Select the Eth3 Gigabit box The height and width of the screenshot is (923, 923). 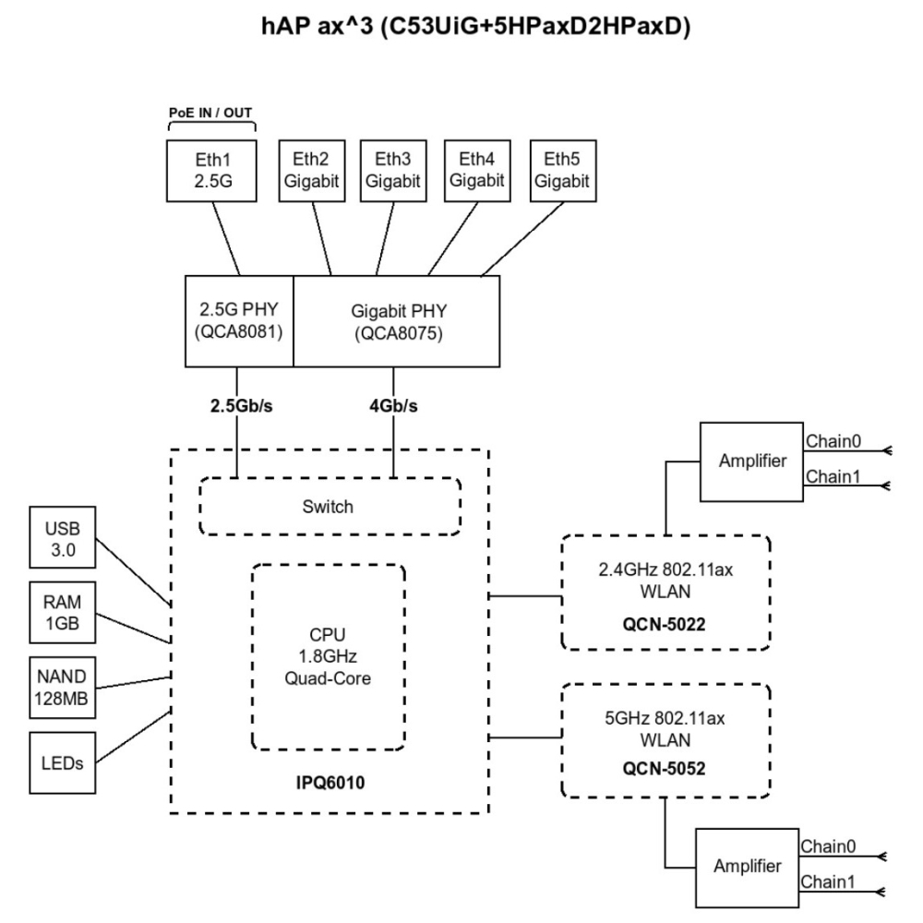click(x=391, y=170)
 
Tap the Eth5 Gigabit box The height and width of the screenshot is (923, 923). click(x=561, y=170)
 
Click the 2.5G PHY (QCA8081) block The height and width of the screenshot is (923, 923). click(x=239, y=319)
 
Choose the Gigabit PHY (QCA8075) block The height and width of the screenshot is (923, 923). click(x=397, y=319)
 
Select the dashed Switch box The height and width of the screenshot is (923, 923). click(x=330, y=506)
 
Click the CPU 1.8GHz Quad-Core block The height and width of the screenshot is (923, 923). click(x=329, y=656)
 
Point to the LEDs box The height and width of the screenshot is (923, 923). click(x=61, y=762)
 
